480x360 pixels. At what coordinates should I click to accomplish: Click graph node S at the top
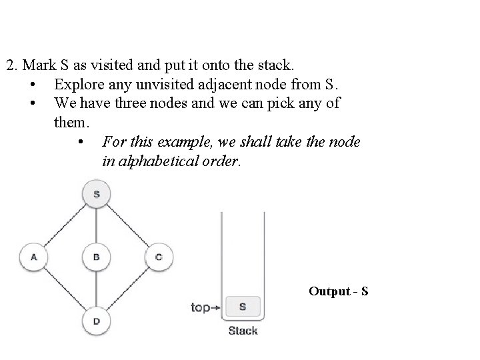pos(96,194)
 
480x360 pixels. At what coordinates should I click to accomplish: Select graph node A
pos(33,257)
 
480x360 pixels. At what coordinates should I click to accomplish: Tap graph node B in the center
pos(96,257)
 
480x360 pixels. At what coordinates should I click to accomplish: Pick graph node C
pos(159,257)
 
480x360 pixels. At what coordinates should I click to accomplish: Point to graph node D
pos(96,320)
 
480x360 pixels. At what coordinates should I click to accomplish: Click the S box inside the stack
pos(242,307)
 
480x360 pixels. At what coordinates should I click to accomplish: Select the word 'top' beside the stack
pos(201,307)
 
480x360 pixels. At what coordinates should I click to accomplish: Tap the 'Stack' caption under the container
pos(243,331)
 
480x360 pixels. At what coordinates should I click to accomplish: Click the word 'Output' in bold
pos(329,291)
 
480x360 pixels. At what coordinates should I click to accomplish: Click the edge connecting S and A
pos(65,225)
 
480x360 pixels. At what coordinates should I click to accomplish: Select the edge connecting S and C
pos(127,225)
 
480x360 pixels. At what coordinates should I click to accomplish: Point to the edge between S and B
pos(96,225)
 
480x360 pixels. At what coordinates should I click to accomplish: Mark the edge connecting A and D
pos(65,289)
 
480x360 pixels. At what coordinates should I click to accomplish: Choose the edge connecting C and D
pos(127,289)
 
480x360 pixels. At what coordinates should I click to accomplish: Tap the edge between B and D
pos(96,289)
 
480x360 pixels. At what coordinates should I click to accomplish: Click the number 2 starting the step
pos(10,66)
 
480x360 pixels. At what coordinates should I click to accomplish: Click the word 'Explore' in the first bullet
pos(78,85)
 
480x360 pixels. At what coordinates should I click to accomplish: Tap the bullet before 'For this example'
pos(80,143)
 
